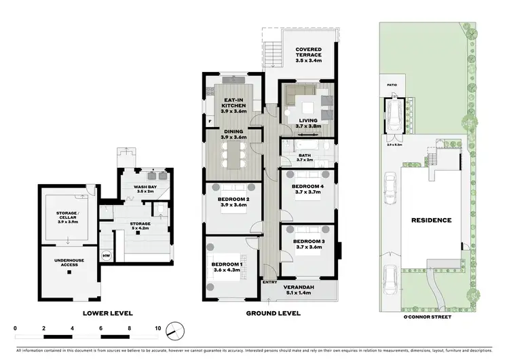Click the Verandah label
[x=307, y=289]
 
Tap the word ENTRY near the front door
[x=270, y=283]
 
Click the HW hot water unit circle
[x=105, y=255]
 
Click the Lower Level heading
[x=107, y=313]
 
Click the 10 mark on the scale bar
[x=158, y=327]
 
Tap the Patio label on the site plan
[x=392, y=86]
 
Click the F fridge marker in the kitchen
[x=210, y=122]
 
